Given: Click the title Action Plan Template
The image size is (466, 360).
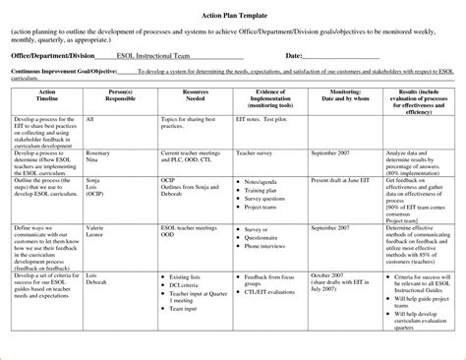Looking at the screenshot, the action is tap(233, 12).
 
